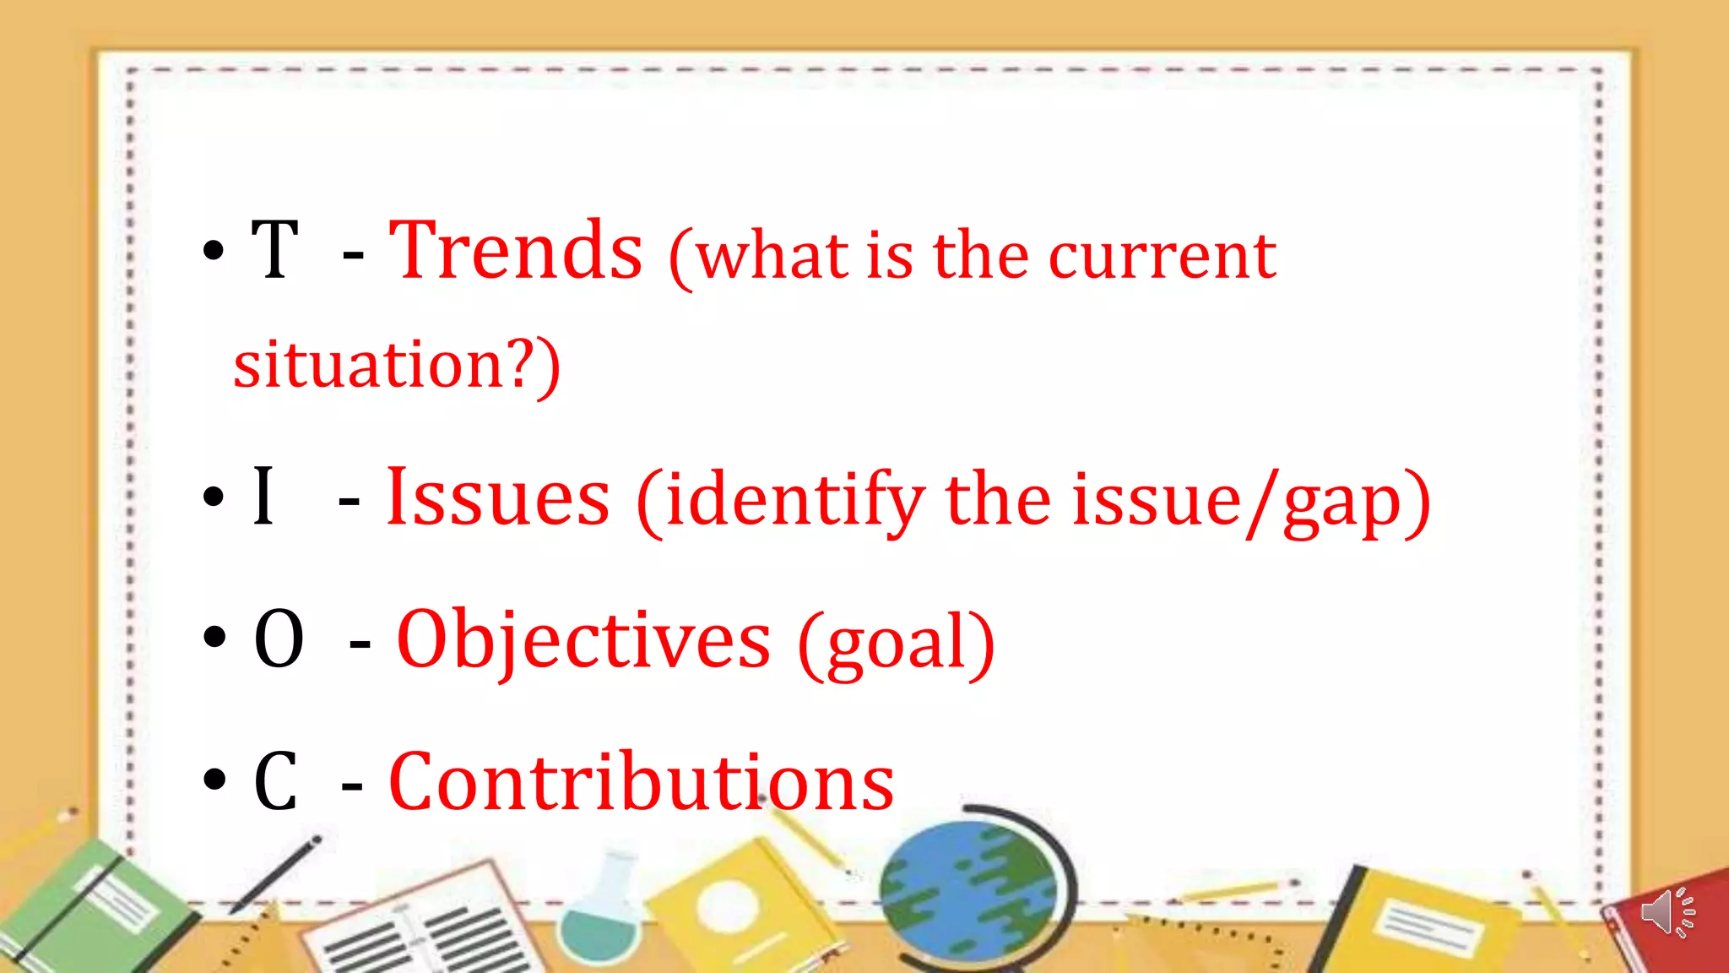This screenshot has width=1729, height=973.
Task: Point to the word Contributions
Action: [x=641, y=783]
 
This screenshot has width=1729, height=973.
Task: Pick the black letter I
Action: [x=263, y=497]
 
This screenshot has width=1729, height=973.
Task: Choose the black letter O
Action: [x=279, y=640]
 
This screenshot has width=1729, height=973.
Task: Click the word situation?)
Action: [x=397, y=365]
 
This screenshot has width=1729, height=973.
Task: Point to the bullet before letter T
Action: [x=214, y=251]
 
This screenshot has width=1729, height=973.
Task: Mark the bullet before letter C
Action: [x=214, y=780]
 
